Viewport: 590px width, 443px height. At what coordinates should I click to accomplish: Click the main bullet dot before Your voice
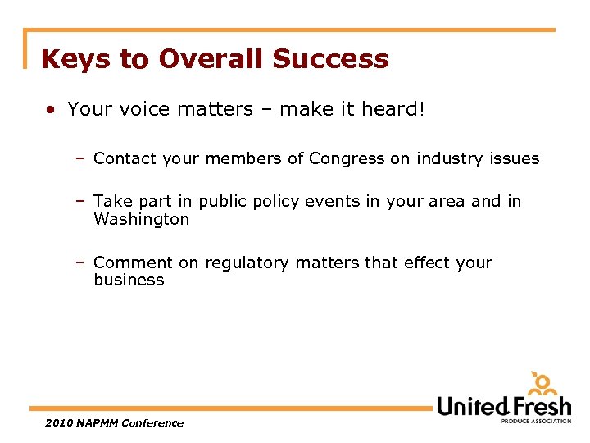(52, 109)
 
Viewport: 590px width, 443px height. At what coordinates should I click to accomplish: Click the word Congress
(347, 158)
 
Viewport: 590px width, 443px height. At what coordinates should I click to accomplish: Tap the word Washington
(141, 219)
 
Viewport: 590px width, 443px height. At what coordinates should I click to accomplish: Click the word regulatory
(247, 263)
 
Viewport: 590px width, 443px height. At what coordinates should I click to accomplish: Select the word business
(129, 280)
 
